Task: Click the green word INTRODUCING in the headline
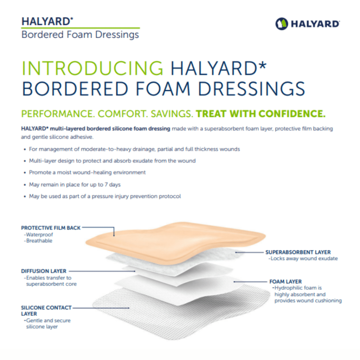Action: pyautogui.click(x=92, y=69)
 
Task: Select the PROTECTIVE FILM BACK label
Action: pyautogui.click(x=51, y=228)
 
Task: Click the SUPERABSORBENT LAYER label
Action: pyautogui.click(x=298, y=252)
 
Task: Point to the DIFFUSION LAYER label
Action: pyautogui.click(x=44, y=271)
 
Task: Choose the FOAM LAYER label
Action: pyautogui.click(x=285, y=281)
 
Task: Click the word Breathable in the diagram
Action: pyautogui.click(x=39, y=241)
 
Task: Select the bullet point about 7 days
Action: pyautogui.click(x=75, y=185)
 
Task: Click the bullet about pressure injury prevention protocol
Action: pyautogui.click(x=105, y=196)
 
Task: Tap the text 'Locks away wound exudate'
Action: pyautogui.click(x=303, y=258)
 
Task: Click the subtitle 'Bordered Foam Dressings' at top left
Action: pyautogui.click(x=80, y=35)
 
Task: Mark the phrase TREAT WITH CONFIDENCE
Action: pyautogui.click(x=261, y=114)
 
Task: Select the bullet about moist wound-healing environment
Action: pyautogui.click(x=87, y=173)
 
